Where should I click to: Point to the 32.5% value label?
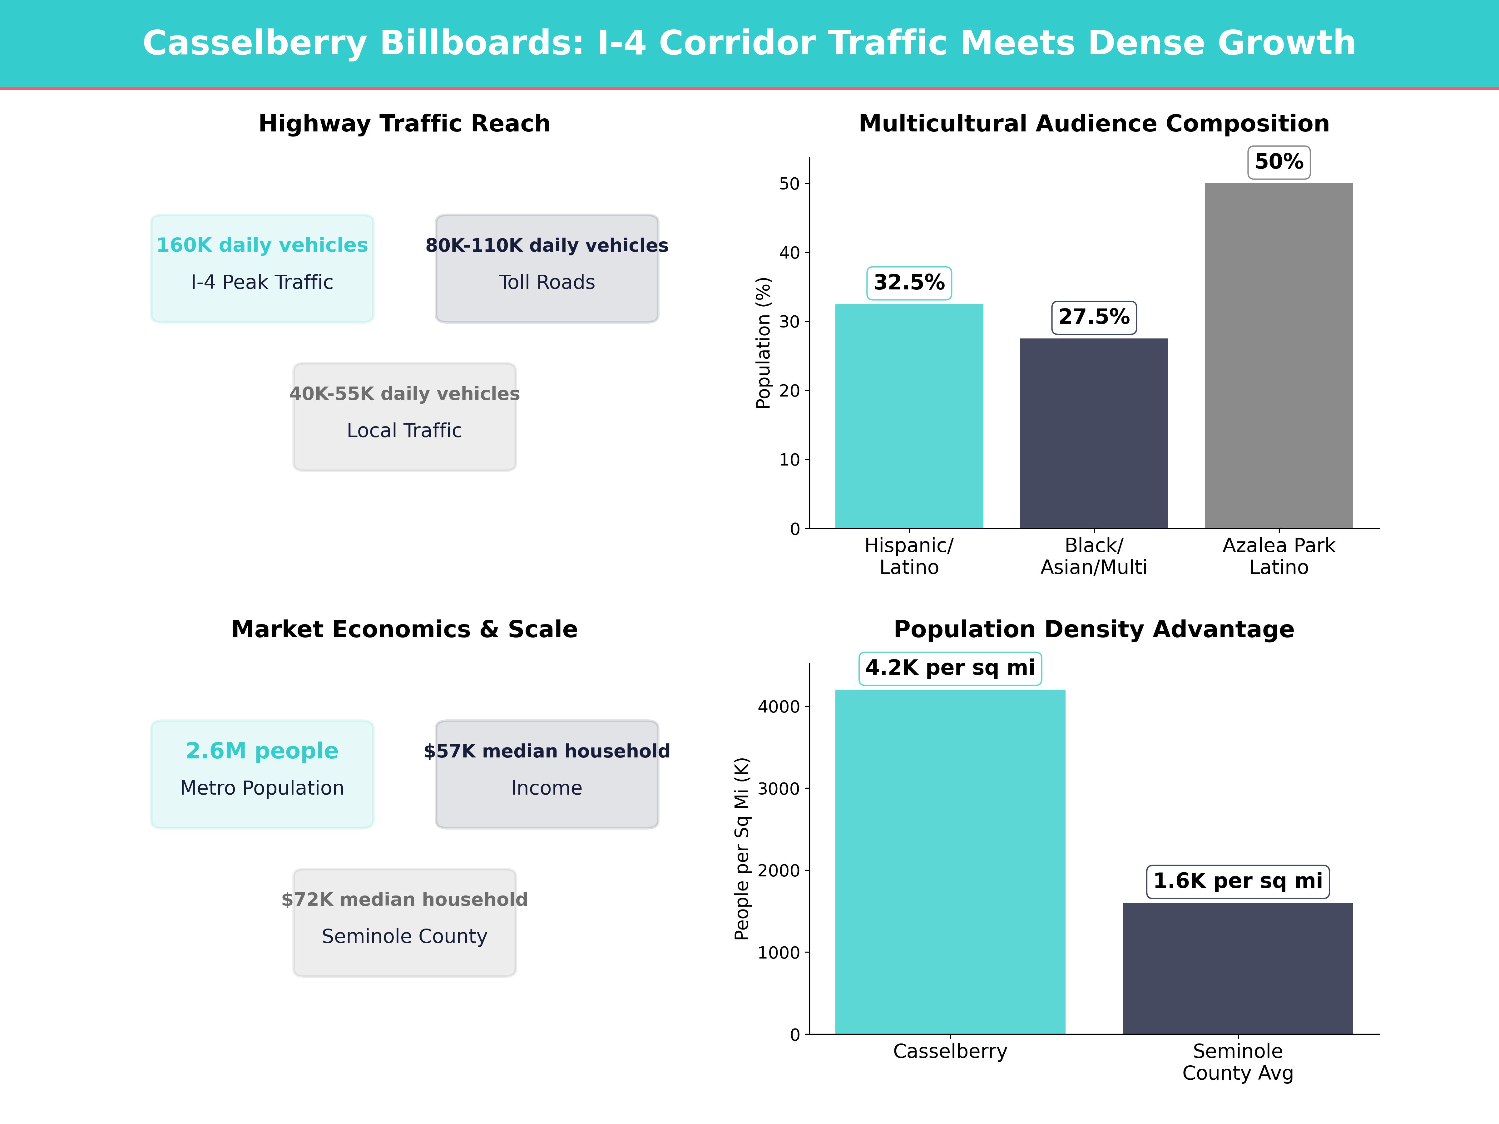point(909,283)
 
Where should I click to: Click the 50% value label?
point(1279,162)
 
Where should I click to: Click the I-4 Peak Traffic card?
point(262,268)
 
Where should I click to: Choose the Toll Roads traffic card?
point(547,268)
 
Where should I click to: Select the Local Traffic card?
point(404,417)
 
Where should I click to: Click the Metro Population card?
point(262,774)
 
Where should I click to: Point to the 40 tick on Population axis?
point(789,253)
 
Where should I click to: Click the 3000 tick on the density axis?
point(779,789)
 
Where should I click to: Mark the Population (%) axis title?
point(763,343)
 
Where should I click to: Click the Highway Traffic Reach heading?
point(404,123)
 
